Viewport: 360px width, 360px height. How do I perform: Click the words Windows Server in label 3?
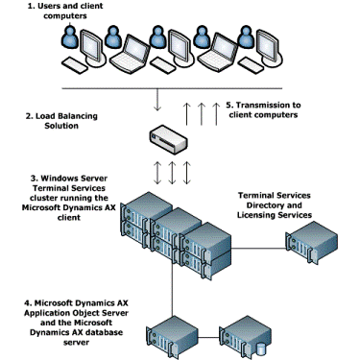pyautogui.click(x=72, y=179)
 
